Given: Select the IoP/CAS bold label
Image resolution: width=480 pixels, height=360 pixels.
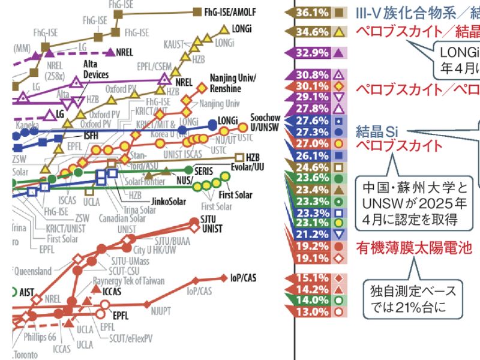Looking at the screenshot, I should click(243, 278).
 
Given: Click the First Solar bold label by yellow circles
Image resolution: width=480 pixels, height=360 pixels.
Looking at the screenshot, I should click(235, 195).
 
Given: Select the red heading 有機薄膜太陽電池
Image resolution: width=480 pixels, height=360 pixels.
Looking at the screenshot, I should click(413, 247).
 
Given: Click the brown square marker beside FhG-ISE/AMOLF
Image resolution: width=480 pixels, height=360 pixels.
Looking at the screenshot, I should click(196, 11).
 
